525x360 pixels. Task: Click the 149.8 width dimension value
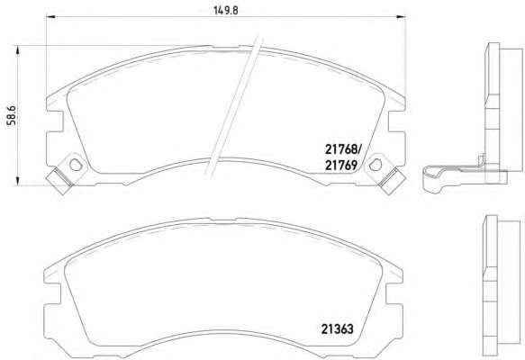click(x=226, y=11)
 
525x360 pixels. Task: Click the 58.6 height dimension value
click(x=12, y=115)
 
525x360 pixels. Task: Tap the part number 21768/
click(x=343, y=149)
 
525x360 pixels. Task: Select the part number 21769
click(x=341, y=165)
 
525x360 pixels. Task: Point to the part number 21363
click(x=337, y=328)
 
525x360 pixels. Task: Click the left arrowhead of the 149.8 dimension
click(x=50, y=16)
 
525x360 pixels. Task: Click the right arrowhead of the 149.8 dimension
click(x=401, y=16)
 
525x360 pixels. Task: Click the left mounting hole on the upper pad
click(x=76, y=164)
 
